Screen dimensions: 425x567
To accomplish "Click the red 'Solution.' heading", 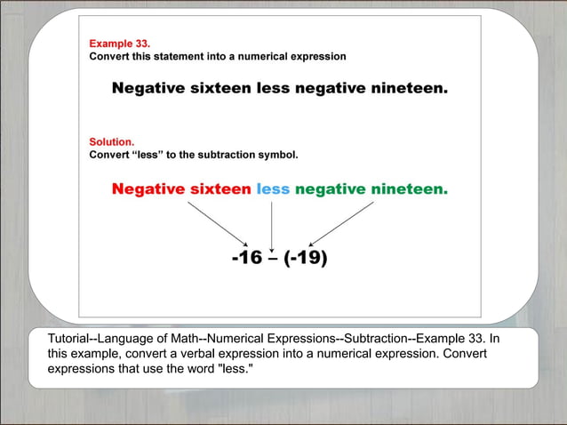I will click(x=112, y=141).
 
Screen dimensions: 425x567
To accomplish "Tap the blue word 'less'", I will click(x=273, y=188).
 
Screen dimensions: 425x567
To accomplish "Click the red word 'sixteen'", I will click(x=220, y=188).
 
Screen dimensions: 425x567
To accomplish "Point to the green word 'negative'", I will click(x=331, y=188).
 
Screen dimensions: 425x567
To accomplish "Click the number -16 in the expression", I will click(x=246, y=258).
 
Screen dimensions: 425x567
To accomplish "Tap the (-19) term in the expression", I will click(x=306, y=258).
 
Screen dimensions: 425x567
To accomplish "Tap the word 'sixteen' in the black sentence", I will click(x=220, y=89).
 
